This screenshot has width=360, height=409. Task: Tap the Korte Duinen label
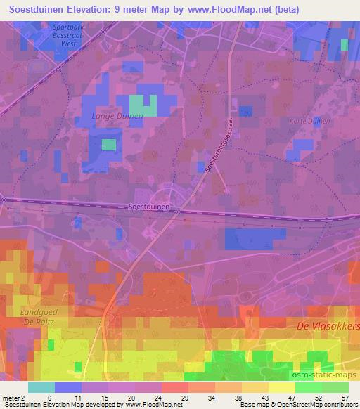point(309,121)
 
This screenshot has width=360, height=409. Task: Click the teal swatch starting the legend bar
point(41,387)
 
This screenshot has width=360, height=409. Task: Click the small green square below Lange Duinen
point(108,145)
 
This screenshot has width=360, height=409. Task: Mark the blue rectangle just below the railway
point(255,238)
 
